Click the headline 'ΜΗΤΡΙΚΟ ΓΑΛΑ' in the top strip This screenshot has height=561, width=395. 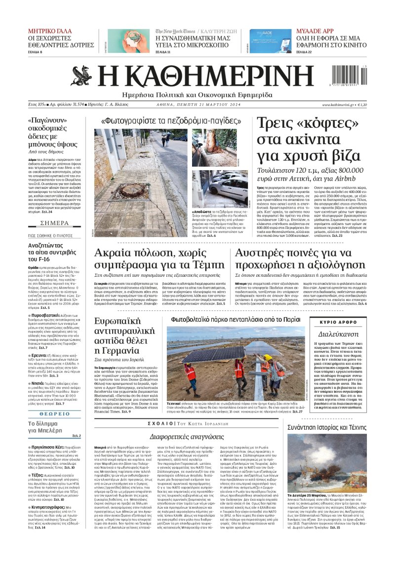(50, 31)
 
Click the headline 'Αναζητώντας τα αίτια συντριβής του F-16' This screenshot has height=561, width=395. (45, 252)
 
